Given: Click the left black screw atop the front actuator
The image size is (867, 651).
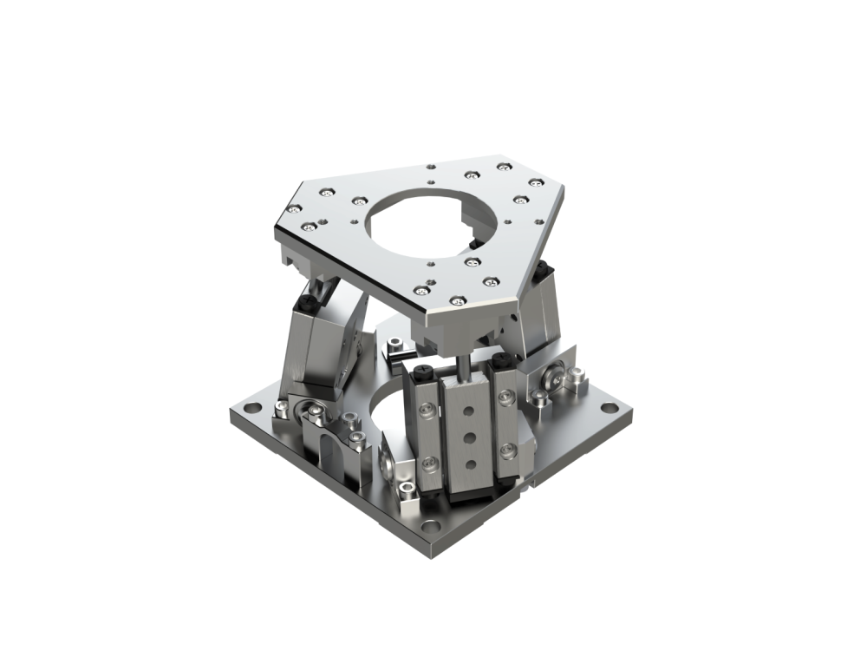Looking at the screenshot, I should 423,371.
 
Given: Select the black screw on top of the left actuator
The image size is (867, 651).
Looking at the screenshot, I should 310,304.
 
